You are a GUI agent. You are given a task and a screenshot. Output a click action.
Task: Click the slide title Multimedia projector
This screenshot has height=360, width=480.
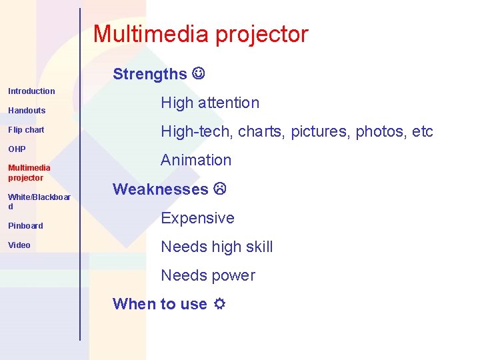(201, 34)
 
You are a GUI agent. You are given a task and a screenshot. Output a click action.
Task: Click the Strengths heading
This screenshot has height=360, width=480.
(150, 74)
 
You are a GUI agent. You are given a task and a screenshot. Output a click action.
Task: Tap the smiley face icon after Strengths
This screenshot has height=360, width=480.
(199, 73)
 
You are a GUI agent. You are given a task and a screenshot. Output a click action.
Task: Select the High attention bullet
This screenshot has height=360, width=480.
(210, 103)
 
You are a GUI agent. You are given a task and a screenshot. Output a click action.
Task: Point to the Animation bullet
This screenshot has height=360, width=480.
(196, 160)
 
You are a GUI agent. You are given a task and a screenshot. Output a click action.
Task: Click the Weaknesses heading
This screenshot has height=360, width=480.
(161, 189)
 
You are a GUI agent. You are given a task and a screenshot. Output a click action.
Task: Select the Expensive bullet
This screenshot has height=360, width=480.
(197, 218)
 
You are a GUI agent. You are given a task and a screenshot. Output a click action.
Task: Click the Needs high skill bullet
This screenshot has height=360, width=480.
(217, 247)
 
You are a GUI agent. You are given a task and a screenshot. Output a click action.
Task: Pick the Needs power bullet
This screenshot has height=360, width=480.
(208, 275)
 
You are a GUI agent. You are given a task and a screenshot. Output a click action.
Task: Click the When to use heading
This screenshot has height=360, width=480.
(160, 304)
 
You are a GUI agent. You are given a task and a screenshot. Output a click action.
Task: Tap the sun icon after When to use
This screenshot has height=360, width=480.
(218, 304)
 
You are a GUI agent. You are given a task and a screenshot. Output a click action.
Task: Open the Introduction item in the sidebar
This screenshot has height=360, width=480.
(31, 91)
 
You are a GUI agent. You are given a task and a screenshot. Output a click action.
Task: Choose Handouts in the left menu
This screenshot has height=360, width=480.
(27, 111)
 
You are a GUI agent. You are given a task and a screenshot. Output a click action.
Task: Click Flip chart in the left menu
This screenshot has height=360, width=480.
(26, 130)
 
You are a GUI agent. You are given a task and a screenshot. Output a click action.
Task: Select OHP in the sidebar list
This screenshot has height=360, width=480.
(17, 149)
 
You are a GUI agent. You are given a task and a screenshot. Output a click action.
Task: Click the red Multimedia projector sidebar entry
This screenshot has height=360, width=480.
(29, 173)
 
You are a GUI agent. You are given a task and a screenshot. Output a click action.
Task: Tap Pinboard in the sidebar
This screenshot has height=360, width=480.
(25, 226)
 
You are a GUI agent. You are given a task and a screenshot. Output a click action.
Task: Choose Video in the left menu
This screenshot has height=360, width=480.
(19, 245)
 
